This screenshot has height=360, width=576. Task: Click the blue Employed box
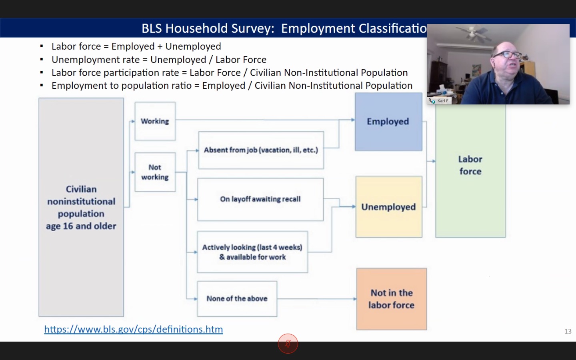[x=388, y=122]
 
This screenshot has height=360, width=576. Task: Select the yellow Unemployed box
[x=389, y=207]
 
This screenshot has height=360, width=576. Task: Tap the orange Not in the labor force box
[x=391, y=299]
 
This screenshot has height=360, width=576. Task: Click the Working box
[x=155, y=121]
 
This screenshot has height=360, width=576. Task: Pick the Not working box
[x=155, y=172]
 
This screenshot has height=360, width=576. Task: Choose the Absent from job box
[x=261, y=150]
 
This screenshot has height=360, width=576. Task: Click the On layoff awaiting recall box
[x=260, y=199]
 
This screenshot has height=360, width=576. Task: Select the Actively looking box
[x=252, y=252]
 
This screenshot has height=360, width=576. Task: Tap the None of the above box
[x=237, y=299]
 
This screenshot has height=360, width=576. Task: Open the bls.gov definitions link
[x=134, y=330]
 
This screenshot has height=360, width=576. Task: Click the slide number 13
[x=568, y=332]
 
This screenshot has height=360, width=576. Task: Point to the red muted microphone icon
[x=288, y=344]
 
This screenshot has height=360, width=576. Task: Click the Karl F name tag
[x=440, y=101]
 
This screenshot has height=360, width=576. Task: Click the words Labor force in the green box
[x=470, y=165]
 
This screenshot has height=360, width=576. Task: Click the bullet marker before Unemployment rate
[x=42, y=60]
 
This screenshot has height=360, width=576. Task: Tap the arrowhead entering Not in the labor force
[x=355, y=299]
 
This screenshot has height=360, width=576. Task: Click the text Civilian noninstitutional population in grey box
[x=81, y=201]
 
